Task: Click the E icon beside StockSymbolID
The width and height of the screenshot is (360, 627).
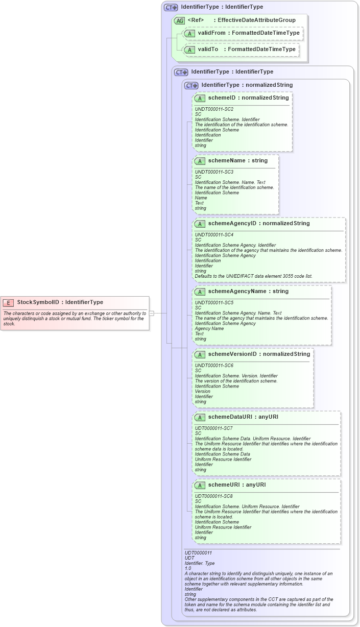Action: pos(8,302)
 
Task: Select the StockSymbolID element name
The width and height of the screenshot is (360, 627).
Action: pos(38,302)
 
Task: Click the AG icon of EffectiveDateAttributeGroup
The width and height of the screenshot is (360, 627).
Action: pos(179,20)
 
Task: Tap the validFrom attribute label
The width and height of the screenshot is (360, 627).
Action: pos(211,33)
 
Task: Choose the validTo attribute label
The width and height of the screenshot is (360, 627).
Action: pos(208,50)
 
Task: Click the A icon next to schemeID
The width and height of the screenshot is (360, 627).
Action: pos(200,98)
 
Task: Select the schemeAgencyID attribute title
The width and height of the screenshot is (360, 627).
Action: pos(232,224)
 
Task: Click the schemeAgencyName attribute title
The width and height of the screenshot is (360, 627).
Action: pos(237,292)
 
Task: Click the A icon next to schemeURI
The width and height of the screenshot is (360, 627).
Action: pos(200,485)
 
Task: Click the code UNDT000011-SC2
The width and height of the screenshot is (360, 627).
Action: pos(214,109)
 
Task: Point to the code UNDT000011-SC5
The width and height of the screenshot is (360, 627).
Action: pos(214,303)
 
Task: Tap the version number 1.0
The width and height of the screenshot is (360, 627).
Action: pos(188,568)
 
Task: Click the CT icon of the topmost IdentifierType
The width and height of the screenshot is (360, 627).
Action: pos(171,8)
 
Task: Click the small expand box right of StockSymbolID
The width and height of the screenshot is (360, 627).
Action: pos(151,313)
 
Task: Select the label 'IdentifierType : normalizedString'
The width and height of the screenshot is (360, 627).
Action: pos(247,85)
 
